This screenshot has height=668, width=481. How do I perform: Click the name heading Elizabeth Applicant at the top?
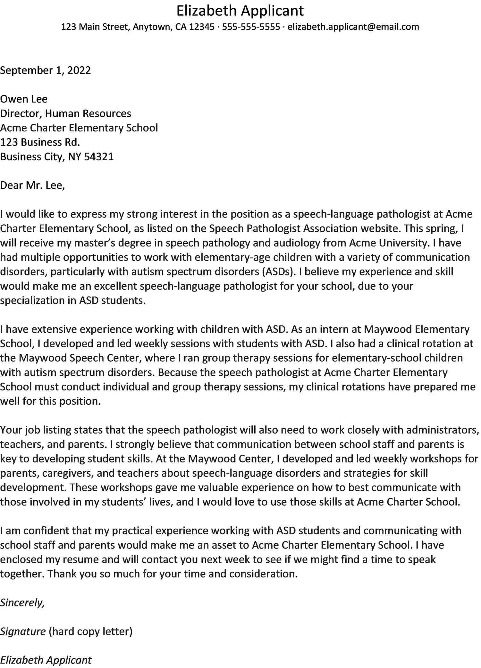240,11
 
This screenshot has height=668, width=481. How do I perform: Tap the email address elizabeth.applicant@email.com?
353,27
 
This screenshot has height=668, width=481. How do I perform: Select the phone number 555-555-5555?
251,27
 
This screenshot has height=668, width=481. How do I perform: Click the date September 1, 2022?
46,70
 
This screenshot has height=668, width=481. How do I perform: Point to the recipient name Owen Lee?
24,99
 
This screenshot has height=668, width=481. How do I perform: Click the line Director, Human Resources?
65,113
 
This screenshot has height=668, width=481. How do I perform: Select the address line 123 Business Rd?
40,142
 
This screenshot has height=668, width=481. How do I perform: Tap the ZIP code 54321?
99,157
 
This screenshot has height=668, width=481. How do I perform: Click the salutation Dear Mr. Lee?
32,185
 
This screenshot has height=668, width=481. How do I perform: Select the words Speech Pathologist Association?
283,228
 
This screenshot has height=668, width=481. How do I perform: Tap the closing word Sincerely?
22,603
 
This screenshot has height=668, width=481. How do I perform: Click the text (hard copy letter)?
90,631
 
